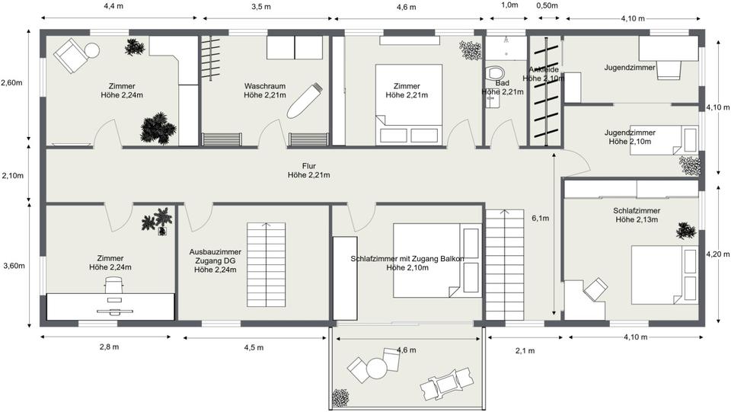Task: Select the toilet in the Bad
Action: [x=495, y=73]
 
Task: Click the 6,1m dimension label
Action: [x=541, y=218]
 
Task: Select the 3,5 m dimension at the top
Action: [x=260, y=7]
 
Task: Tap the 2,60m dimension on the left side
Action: [x=11, y=83]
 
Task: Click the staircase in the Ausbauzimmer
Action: [x=266, y=265]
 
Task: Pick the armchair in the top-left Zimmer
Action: [x=70, y=56]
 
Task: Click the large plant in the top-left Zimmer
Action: [x=158, y=128]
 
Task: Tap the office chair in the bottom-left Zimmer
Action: [x=113, y=284]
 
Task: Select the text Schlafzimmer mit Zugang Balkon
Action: [x=407, y=259]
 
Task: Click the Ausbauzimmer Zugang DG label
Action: [x=215, y=260]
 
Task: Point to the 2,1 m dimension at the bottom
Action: [x=525, y=351]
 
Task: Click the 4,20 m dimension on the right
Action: [x=718, y=254]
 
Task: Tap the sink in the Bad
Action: [x=493, y=102]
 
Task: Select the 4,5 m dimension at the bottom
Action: [x=254, y=348]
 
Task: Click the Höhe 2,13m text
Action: [x=637, y=219]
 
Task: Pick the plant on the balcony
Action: [x=340, y=398]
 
